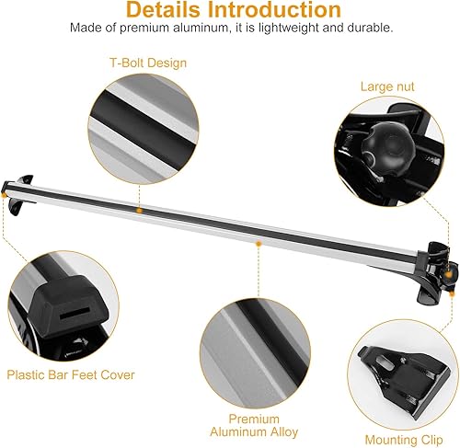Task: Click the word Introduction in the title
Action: (280, 12)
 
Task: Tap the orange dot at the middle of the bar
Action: (259, 244)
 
